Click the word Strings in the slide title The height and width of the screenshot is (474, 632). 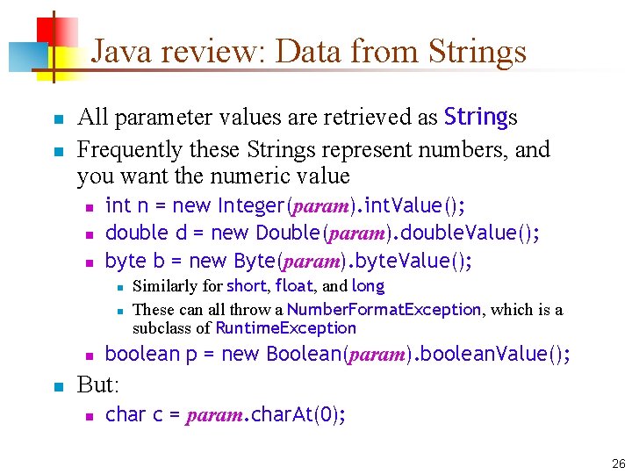tap(478, 51)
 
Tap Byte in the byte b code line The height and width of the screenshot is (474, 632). tap(255, 261)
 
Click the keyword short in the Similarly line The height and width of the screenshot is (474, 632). tap(245, 285)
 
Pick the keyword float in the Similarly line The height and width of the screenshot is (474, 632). tap(292, 285)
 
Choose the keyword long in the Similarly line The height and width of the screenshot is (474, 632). tap(368, 285)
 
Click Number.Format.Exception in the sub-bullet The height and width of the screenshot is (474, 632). tap(384, 309)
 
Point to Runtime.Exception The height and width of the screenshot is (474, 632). tap(285, 328)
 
